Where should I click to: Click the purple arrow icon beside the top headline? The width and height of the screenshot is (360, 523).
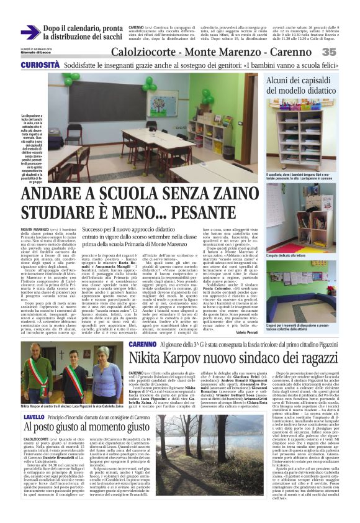(x=30, y=33)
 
